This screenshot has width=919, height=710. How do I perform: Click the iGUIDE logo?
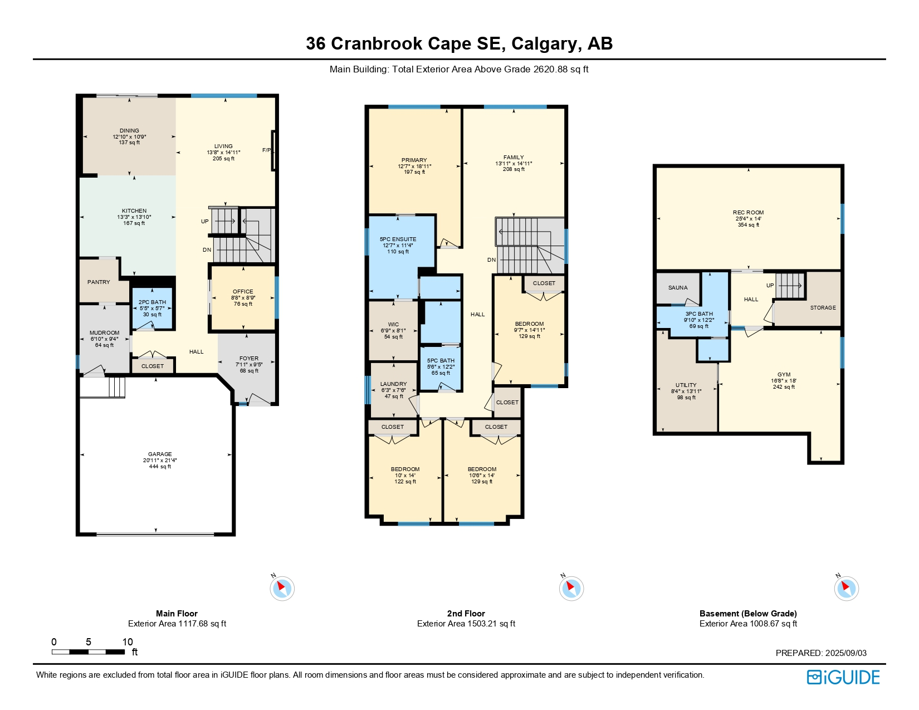843,677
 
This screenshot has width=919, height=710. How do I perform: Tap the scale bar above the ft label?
88,652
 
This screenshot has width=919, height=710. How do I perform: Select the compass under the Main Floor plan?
282,588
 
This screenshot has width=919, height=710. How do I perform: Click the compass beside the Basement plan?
846,588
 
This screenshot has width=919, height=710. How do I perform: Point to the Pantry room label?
99,282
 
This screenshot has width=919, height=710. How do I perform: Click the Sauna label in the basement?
677,287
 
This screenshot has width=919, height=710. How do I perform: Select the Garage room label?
160,454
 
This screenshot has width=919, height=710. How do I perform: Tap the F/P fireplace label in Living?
266,150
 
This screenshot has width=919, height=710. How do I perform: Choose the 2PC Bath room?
152,309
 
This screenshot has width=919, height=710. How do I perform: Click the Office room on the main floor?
243,298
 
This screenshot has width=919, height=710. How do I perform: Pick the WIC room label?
393,324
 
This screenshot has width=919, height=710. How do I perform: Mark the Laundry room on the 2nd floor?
394,390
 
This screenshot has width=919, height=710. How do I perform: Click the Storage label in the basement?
823,308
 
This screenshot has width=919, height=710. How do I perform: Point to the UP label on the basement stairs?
770,286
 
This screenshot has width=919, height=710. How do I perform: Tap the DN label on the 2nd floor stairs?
491,259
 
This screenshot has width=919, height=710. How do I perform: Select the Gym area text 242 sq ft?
784,386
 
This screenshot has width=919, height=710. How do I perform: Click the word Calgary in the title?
544,44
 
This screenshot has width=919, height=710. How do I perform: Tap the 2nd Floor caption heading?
466,613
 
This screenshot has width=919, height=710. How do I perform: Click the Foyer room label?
248,358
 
